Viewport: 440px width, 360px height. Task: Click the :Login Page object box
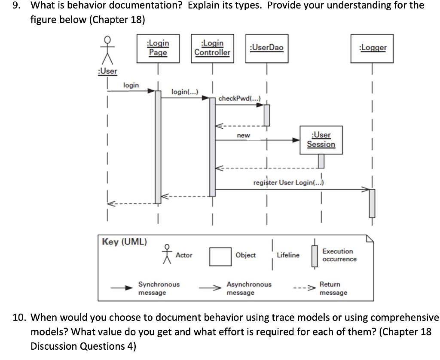[x=158, y=48]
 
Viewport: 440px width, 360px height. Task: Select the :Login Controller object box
[x=212, y=48]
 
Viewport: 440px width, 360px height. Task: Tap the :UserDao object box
[x=266, y=48]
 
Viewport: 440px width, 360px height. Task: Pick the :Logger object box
[x=372, y=48]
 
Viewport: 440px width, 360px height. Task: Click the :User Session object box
[x=321, y=140]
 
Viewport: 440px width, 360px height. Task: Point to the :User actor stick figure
[x=107, y=50]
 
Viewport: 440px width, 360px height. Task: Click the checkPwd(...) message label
[x=238, y=99]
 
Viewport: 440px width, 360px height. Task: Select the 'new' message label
[x=243, y=135]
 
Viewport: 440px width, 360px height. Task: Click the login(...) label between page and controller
[x=184, y=92]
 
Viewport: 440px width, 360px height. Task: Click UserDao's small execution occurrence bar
[x=267, y=115]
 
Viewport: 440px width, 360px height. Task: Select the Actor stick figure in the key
[x=168, y=254]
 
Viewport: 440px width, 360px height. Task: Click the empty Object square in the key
[x=220, y=256]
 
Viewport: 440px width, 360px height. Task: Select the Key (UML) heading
[x=124, y=242]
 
